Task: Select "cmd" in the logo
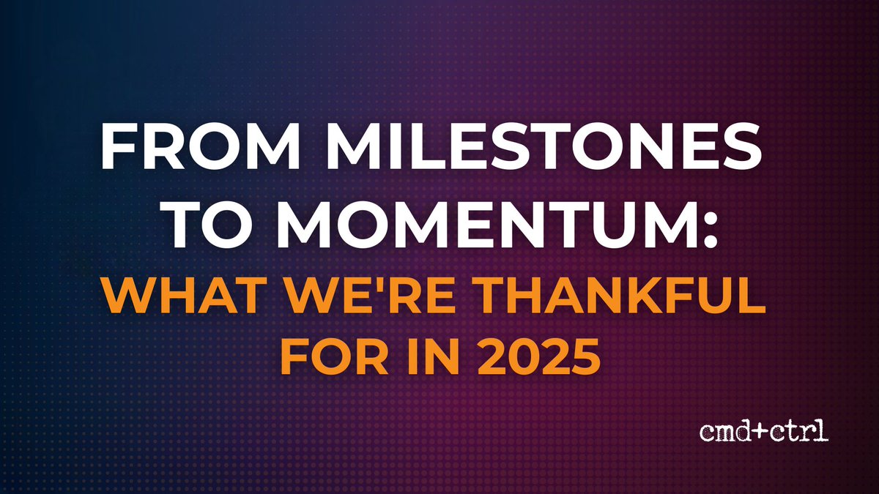click(724, 433)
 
